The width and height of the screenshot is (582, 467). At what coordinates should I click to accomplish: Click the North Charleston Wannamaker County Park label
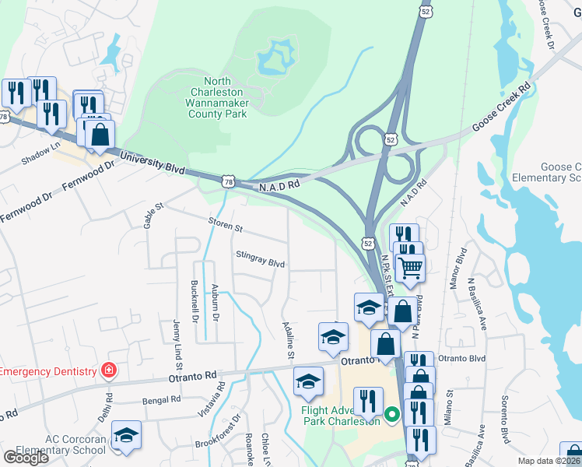pos(217,97)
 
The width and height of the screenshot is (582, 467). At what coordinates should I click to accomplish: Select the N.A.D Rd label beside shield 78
pos(279,186)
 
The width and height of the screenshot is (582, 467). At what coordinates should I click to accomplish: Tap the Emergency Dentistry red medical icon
pos(109,370)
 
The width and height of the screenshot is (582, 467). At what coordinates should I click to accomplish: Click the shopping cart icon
pos(410,269)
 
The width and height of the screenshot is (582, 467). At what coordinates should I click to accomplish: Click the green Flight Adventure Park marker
pos(392,414)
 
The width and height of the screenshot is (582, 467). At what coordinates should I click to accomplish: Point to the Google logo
pos(26,457)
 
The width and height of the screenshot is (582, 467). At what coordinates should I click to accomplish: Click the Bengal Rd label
pos(162,399)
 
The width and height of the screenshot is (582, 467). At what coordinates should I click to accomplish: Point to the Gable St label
pos(152,214)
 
